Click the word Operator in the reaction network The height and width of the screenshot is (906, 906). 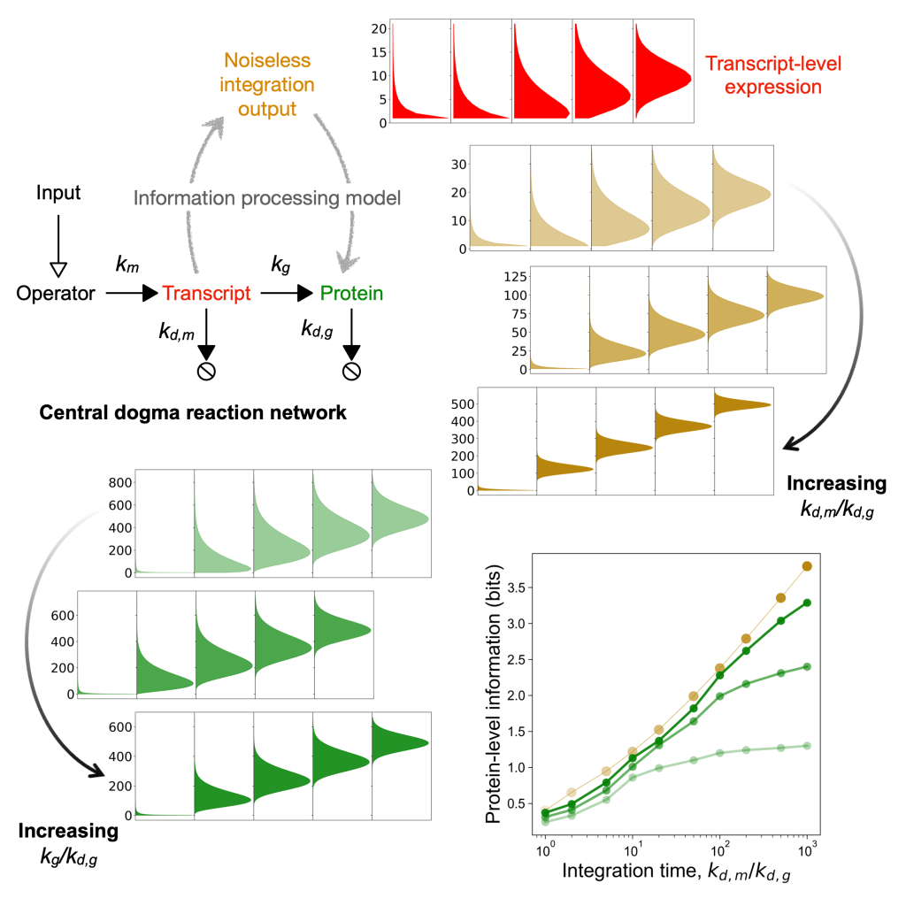click(x=56, y=293)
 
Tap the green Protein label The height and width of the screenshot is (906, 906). click(x=351, y=293)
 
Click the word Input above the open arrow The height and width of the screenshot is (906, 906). click(x=57, y=191)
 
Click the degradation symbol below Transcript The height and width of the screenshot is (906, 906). click(x=206, y=371)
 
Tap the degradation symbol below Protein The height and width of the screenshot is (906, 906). click(x=352, y=371)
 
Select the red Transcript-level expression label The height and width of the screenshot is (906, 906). click(x=764, y=75)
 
